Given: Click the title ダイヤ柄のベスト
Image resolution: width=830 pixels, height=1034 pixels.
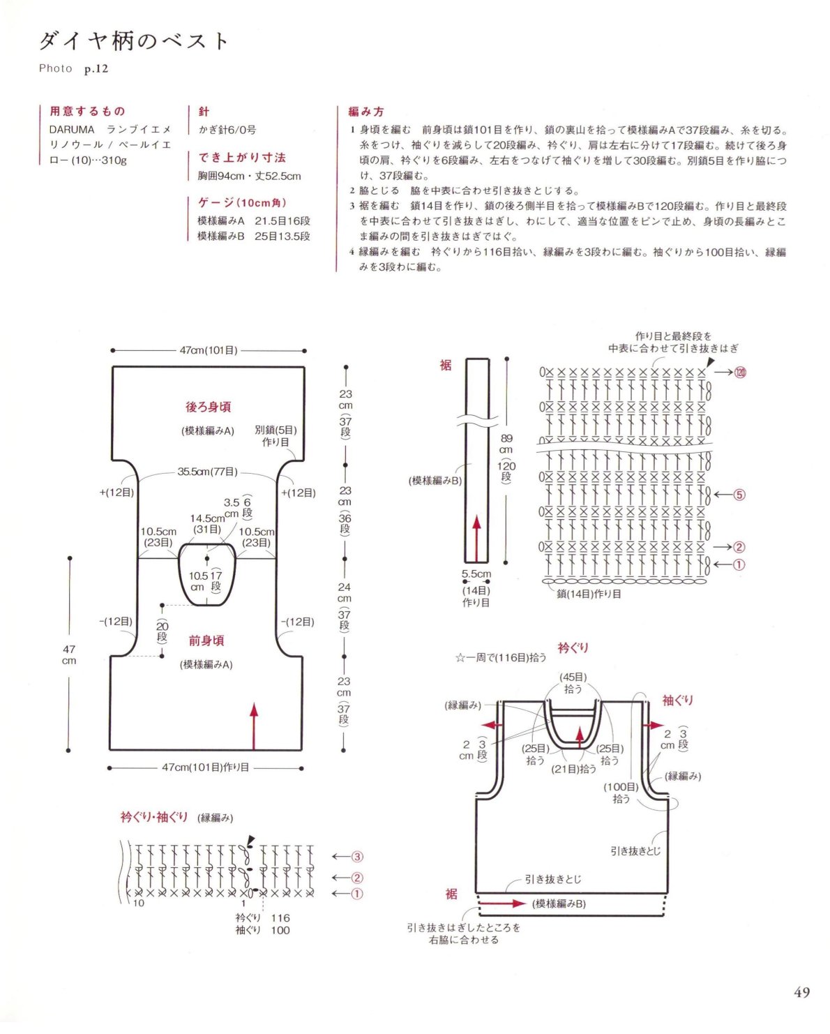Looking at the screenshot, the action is pyautogui.click(x=133, y=41).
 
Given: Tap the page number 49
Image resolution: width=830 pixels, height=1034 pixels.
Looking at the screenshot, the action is pyautogui.click(x=801, y=992).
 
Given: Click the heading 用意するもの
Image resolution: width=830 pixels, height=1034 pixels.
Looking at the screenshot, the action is pyautogui.click(x=87, y=112).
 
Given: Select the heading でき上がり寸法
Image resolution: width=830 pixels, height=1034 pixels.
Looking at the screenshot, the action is pyautogui.click(x=242, y=158).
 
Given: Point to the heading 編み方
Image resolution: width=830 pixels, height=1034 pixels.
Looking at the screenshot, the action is pyautogui.click(x=366, y=112).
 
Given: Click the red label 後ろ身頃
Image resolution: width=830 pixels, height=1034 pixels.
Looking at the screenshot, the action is pyautogui.click(x=208, y=407).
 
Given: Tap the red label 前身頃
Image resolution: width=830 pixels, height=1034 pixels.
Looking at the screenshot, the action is pyautogui.click(x=206, y=640).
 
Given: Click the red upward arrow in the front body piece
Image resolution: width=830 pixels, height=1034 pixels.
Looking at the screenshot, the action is pyautogui.click(x=254, y=726).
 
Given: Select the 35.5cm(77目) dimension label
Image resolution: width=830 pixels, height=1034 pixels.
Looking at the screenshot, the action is pyautogui.click(x=208, y=472).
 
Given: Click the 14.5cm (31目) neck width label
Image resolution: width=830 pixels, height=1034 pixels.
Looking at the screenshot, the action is pyautogui.click(x=207, y=524).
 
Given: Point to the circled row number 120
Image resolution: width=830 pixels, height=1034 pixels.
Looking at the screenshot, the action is pyautogui.click(x=740, y=372).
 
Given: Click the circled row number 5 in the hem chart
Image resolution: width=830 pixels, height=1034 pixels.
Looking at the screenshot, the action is pyautogui.click(x=739, y=495).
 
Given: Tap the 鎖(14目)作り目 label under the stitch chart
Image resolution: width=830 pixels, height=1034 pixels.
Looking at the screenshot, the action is pyautogui.click(x=589, y=594).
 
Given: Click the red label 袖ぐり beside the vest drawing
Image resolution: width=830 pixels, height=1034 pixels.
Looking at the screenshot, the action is pyautogui.click(x=678, y=700).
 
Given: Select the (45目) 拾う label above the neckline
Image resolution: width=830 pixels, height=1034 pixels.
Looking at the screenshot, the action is pyautogui.click(x=573, y=683).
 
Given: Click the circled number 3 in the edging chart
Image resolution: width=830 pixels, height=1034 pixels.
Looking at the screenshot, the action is pyautogui.click(x=357, y=857).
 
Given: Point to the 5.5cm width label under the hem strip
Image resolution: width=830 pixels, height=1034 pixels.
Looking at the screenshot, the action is pyautogui.click(x=476, y=574).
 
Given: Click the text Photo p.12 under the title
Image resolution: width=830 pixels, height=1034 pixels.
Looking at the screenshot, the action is pyautogui.click(x=73, y=68).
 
